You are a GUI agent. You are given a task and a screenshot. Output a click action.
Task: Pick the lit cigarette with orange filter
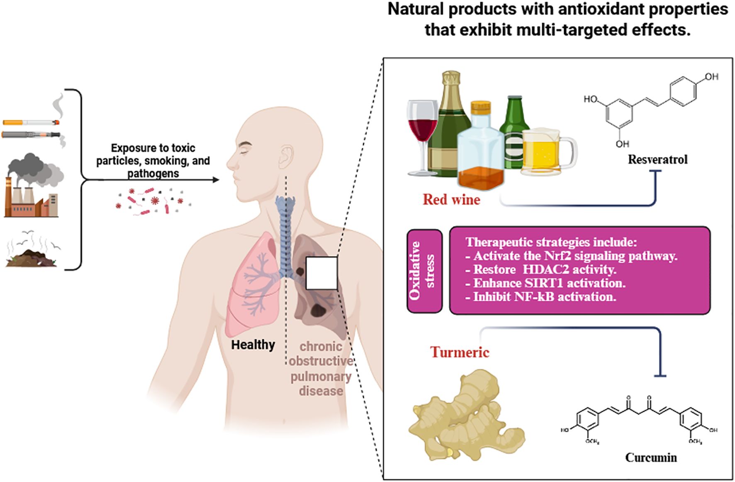click(31, 122)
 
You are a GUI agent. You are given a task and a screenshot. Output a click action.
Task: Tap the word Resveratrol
click(657, 160)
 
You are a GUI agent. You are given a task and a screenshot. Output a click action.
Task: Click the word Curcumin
click(651, 458)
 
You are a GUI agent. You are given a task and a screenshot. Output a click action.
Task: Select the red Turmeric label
click(460, 352)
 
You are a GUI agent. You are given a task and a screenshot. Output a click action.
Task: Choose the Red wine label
click(451, 200)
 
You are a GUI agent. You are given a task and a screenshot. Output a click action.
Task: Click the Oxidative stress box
click(424, 271)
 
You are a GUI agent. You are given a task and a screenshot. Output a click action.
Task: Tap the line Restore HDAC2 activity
click(544, 270)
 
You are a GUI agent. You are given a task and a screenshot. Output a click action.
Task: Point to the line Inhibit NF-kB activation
click(544, 297)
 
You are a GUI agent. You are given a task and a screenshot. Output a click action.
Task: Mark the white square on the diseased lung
click(321, 273)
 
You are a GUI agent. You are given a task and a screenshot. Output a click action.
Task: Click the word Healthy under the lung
click(253, 345)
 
